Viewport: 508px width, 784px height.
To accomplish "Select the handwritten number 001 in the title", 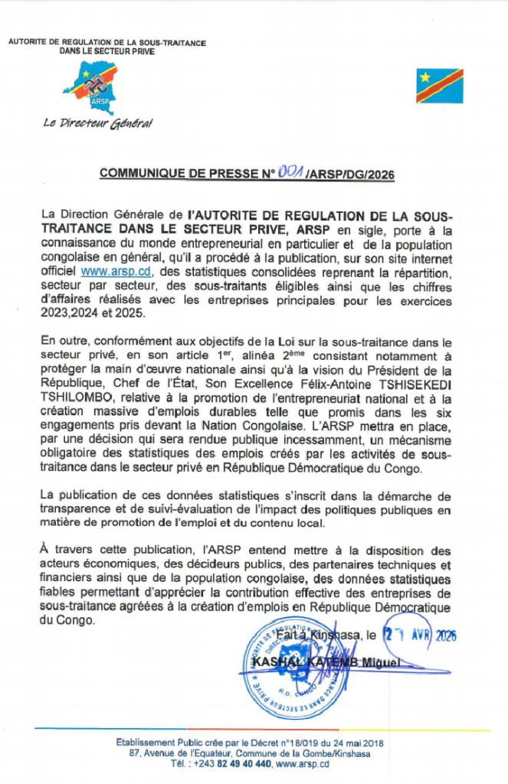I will pos(290,172).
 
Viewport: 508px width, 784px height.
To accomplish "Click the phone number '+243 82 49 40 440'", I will pos(230,764).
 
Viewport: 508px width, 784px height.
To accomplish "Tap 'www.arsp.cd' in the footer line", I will pos(303,764).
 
